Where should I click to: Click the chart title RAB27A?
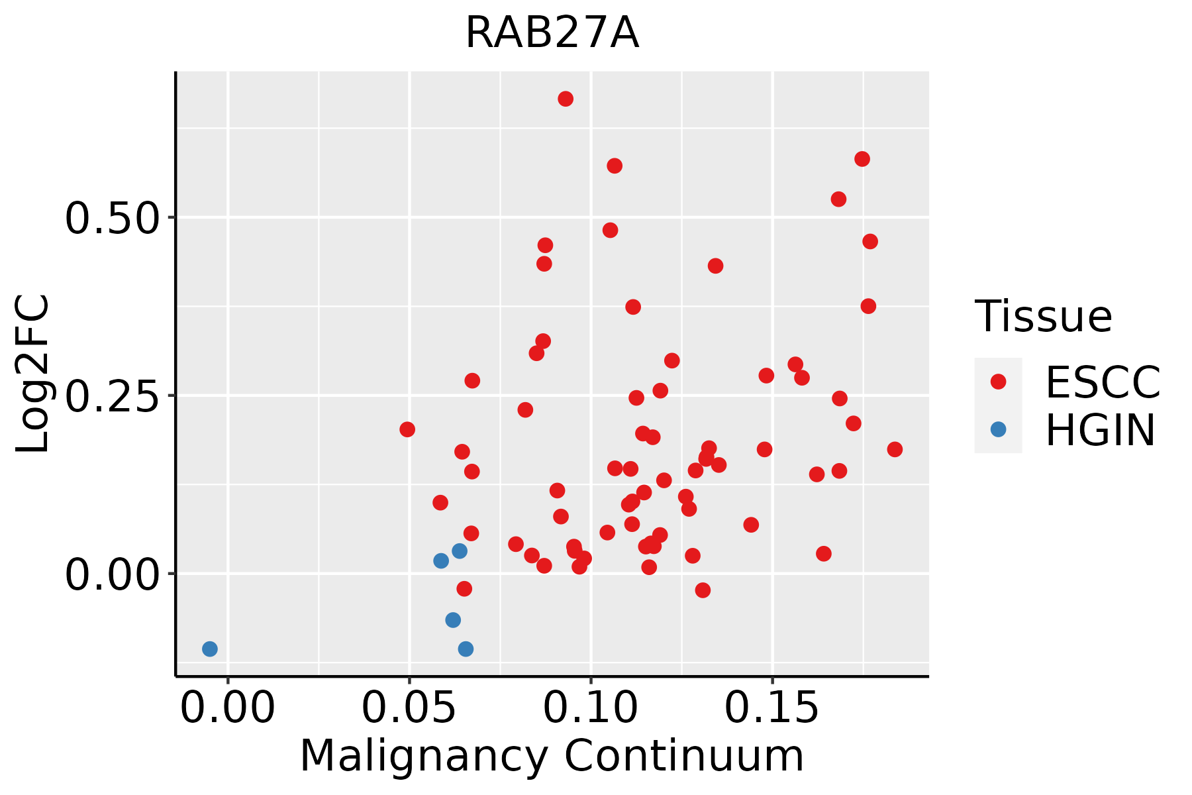[552, 33]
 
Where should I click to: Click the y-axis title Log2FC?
[33, 374]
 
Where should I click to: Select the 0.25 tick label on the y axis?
[113, 396]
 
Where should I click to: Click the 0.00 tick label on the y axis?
[113, 574]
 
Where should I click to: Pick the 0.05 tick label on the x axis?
[409, 708]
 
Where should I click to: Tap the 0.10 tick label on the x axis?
[591, 708]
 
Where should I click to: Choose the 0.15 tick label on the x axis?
[772, 708]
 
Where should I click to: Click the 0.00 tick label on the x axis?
[228, 708]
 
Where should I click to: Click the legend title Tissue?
[1044, 317]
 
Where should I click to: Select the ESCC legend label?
[1103, 382]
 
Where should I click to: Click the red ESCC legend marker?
[998, 382]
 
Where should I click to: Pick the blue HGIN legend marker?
[998, 429]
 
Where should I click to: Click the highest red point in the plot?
[566, 99]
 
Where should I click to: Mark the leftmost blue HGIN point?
[210, 649]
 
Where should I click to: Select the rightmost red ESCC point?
[895, 449]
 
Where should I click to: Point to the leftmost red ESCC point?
[407, 429]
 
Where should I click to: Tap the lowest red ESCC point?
[703, 590]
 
